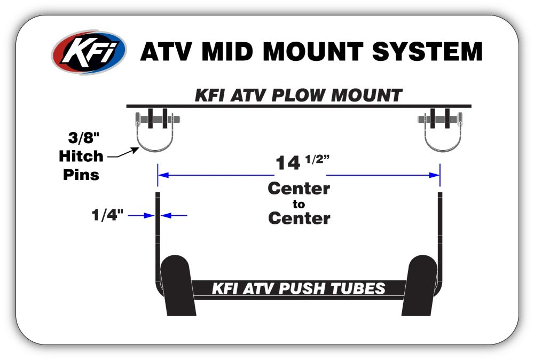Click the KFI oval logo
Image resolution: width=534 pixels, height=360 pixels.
pos(89,52)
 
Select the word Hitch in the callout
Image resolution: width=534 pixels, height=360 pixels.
pos(81,156)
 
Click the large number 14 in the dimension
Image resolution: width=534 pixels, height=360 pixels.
pos(288,163)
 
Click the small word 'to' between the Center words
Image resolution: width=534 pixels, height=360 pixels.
pos(299,204)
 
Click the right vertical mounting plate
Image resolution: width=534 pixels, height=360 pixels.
pos(440,235)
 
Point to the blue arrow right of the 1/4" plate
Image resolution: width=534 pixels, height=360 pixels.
pos(175,215)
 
